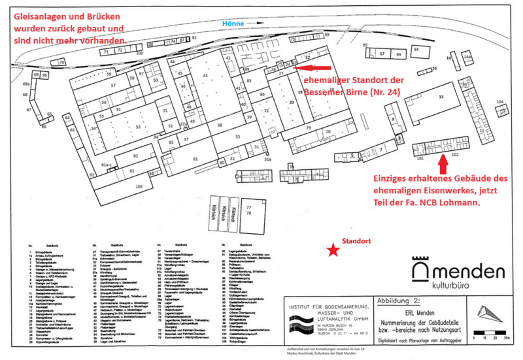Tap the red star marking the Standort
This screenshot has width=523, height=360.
pos(334,249)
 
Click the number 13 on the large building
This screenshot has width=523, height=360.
pos(441,96)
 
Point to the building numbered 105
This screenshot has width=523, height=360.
pos(139,186)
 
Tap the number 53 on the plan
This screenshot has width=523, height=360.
pos(138,127)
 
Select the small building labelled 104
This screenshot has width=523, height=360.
pos(500,103)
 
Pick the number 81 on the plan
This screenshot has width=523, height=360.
pos(195,159)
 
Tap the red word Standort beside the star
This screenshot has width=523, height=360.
pos(358,241)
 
